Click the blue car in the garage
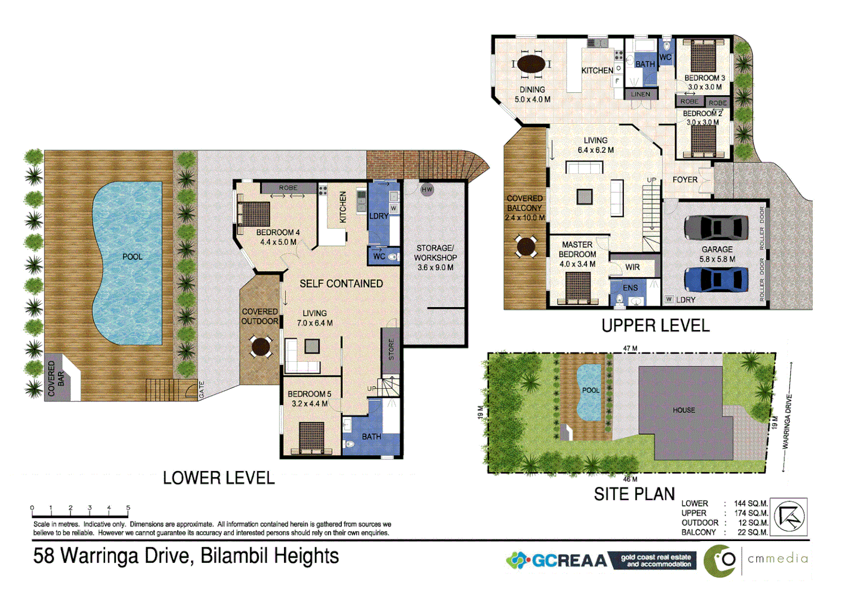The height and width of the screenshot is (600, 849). click(x=716, y=279)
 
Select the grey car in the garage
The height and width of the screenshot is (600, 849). click(x=716, y=227)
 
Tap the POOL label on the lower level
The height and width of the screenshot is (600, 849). click(x=132, y=257)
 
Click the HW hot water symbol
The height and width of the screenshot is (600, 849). click(x=427, y=189)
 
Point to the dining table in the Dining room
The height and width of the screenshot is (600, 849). click(x=531, y=64)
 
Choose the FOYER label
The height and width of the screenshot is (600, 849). click(x=685, y=180)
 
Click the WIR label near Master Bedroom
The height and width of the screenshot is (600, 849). click(x=632, y=267)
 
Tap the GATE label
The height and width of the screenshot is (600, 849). click(x=202, y=389)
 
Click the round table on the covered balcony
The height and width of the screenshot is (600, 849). click(x=526, y=246)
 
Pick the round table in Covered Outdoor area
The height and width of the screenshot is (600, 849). click(x=261, y=346)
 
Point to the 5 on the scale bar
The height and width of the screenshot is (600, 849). click(x=128, y=508)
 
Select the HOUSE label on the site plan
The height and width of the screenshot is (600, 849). click(x=683, y=410)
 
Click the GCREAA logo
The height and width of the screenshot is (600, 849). click(x=558, y=561)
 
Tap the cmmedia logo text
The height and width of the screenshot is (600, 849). click(x=777, y=559)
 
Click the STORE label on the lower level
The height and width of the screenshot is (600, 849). click(x=391, y=349)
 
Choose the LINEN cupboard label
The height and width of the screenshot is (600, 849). click(x=640, y=94)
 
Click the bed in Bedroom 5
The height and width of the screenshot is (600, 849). click(x=311, y=437)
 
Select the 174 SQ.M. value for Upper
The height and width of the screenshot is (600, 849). click(x=751, y=513)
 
